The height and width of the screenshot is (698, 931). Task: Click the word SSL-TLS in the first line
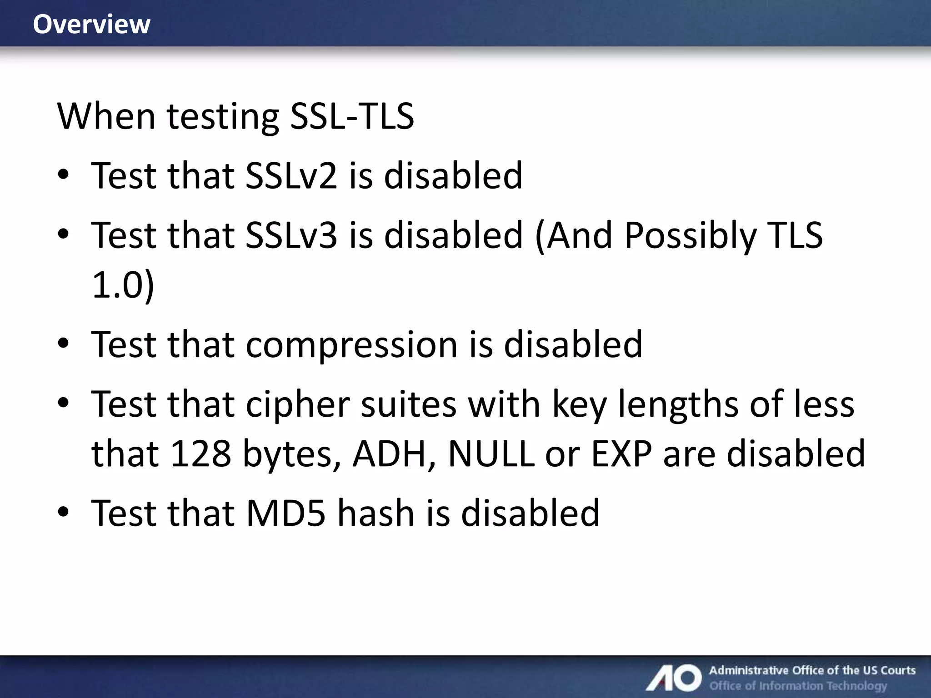pos(352,116)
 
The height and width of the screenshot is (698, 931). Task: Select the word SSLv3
pos(291,235)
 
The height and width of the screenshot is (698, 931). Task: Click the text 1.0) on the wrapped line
pos(123,285)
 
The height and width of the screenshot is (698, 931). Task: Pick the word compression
pos(351,344)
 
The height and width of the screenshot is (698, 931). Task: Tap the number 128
pos(200,454)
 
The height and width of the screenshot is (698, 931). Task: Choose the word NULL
pos(491,454)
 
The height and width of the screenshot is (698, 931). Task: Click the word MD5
pos(286,513)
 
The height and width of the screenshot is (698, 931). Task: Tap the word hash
pos(375,513)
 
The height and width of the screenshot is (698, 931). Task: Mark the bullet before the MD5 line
pos(63,512)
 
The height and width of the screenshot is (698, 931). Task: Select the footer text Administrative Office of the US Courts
pos(812,670)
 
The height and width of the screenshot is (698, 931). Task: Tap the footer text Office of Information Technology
pos(798,686)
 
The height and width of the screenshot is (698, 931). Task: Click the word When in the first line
pos(106,116)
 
